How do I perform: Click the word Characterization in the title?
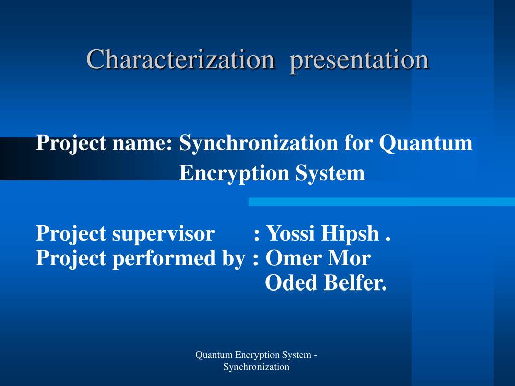pyautogui.click(x=181, y=59)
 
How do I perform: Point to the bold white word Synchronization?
pyautogui.click(x=259, y=143)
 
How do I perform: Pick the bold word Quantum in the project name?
pyautogui.click(x=425, y=143)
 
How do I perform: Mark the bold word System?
pyautogui.click(x=330, y=173)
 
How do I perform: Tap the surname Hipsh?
pyautogui.click(x=350, y=233)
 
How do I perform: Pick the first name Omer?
pyautogui.click(x=294, y=258)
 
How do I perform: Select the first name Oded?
pyautogui.click(x=291, y=282)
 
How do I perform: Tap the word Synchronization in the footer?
pyautogui.click(x=256, y=367)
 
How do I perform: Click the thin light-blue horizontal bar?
pyautogui.click(x=382, y=202)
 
